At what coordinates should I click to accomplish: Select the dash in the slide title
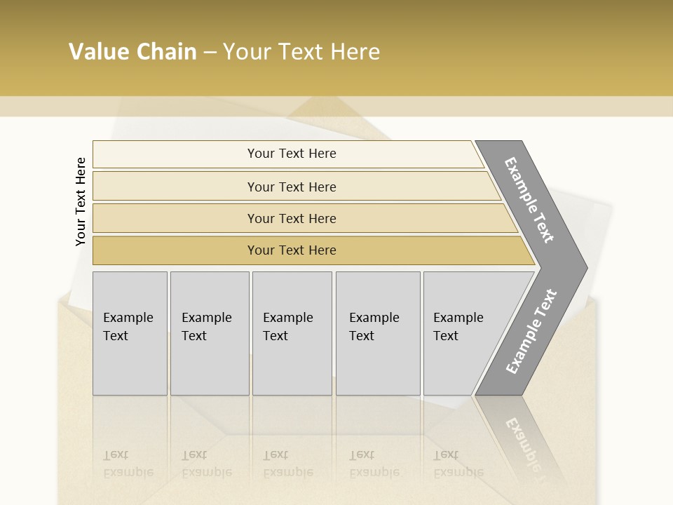pos(210,52)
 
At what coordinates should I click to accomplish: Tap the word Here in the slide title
pos(355,52)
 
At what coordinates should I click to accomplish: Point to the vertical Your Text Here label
pos(81,202)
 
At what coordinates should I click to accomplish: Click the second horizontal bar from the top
pos(292,187)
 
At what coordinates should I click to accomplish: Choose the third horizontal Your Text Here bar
pos(292,218)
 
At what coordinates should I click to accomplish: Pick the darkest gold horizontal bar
pos(292,250)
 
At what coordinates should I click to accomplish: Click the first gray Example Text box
pos(130,333)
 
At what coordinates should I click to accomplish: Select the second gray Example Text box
pos(209,333)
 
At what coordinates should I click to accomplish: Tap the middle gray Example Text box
pos(292,333)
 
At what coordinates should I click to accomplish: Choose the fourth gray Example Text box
pos(377,333)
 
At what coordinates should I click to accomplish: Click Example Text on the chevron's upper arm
pos(530,201)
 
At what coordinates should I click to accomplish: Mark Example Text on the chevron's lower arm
pos(531,331)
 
